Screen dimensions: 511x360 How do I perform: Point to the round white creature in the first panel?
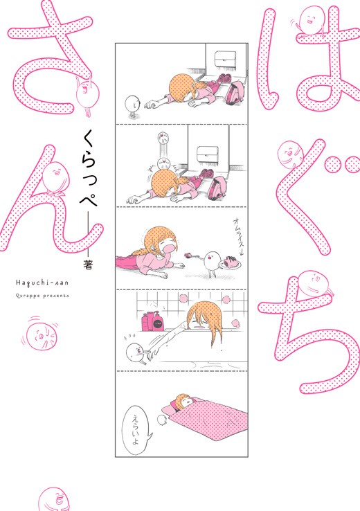click(x=130, y=104)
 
